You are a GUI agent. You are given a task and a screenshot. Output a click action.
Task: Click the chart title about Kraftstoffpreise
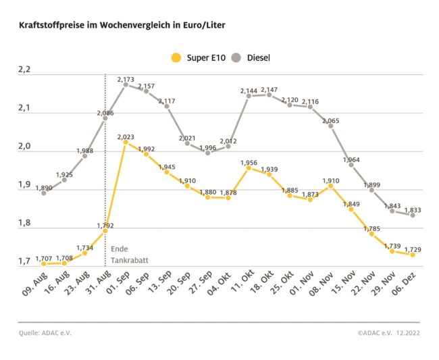tap(122, 25)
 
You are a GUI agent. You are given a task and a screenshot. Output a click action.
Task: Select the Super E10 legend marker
tap(177, 58)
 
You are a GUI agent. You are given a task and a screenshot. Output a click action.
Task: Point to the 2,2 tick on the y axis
tap(24, 70)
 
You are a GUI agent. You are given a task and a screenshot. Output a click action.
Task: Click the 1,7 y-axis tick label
tap(24, 261)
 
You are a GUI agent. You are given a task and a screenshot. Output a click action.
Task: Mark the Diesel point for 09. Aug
tap(44, 193)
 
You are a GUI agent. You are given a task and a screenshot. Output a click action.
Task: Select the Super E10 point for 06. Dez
tap(412, 255)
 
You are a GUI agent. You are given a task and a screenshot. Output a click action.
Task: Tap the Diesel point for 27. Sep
tap(207, 153)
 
